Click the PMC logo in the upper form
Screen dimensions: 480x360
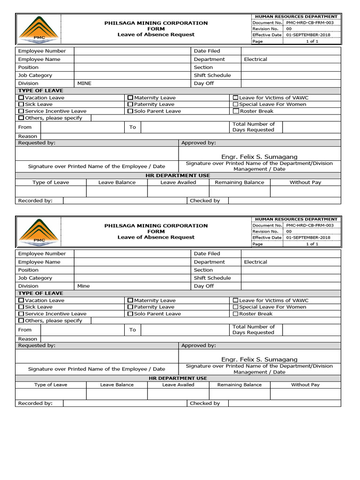pyautogui.click(x=39, y=29)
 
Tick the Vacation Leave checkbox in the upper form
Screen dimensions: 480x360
pyautogui.click(x=21, y=97)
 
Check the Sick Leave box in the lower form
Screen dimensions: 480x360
pyautogui.click(x=21, y=307)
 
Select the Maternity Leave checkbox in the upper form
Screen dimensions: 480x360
pyautogui.click(x=130, y=97)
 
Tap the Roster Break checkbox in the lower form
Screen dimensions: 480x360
pyautogui.click(x=236, y=314)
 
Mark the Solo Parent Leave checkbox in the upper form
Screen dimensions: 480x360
pyautogui.click(x=130, y=111)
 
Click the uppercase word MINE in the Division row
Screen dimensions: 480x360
pyautogui.click(x=84, y=83)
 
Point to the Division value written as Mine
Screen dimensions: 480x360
pyautogui.click(x=83, y=286)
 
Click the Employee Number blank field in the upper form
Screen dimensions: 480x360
pyautogui.click(x=131, y=51)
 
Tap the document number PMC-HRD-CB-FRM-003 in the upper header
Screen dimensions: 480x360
pyautogui.click(x=310, y=22)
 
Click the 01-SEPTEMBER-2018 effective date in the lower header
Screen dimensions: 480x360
pyautogui.click(x=308, y=238)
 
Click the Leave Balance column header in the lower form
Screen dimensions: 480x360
pyautogui.click(x=117, y=385)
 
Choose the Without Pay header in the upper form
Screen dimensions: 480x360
pyautogui.click(x=305, y=182)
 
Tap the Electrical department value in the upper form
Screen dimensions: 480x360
pyautogui.click(x=255, y=60)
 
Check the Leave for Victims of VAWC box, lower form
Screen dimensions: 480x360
pyautogui.click(x=236, y=300)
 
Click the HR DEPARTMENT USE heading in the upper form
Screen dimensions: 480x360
pyautogui.click(x=178, y=175)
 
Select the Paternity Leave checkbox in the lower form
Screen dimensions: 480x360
pyautogui.click(x=130, y=307)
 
